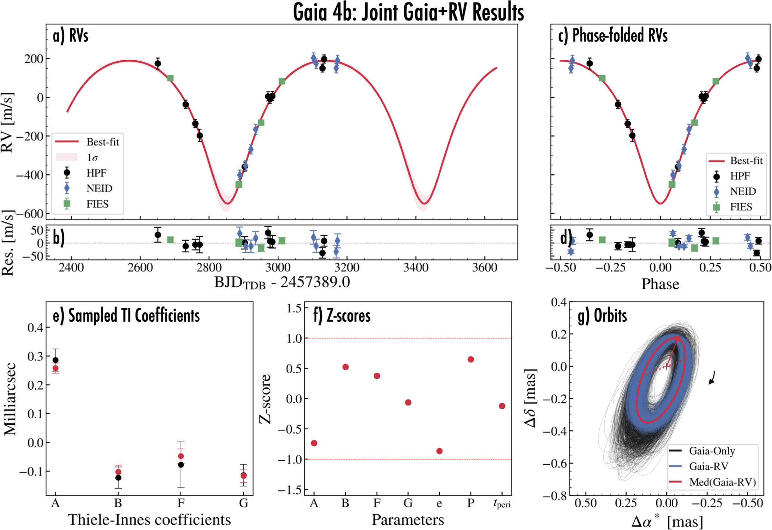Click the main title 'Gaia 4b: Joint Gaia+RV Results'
click(408, 12)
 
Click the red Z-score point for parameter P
click(471, 359)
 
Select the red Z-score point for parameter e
click(439, 451)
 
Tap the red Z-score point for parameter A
click(314, 443)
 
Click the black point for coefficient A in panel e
click(55, 360)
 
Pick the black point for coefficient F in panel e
click(181, 465)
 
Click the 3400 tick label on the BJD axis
click(416, 268)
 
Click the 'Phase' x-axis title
click(660, 284)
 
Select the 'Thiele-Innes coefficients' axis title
click(149, 520)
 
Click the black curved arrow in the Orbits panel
click(712, 378)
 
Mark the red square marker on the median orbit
click(677, 339)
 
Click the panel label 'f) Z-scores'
click(342, 316)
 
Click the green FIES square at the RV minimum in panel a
click(239, 184)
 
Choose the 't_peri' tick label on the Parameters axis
click(502, 504)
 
